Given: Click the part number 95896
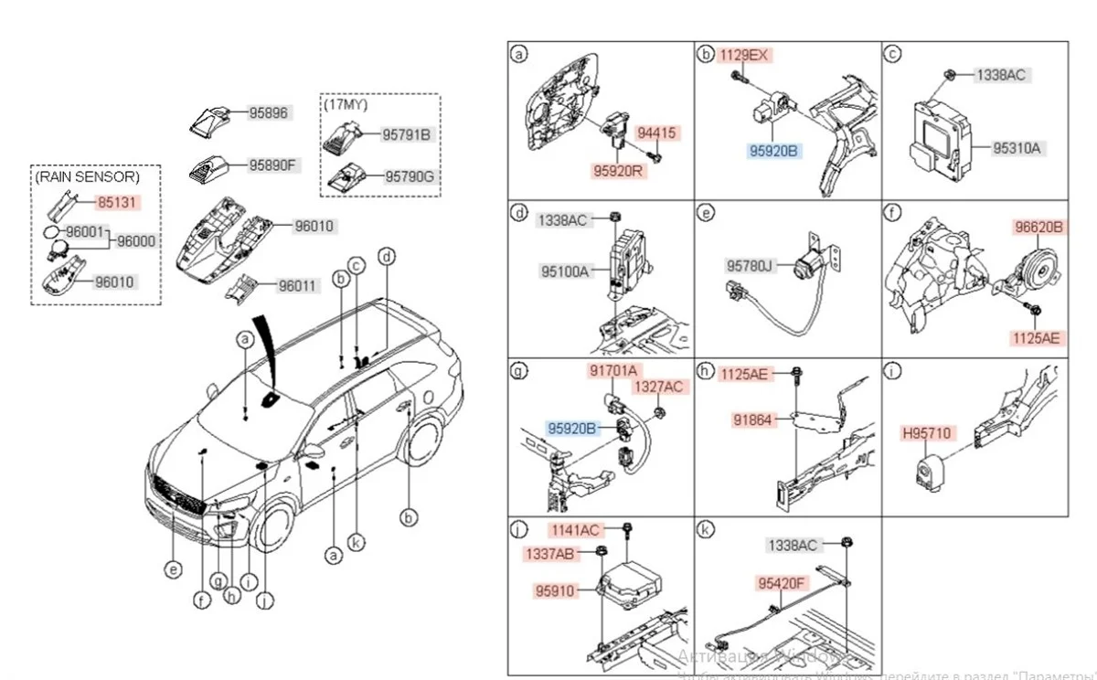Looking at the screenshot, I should click(270, 113).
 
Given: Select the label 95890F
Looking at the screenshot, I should click(273, 165).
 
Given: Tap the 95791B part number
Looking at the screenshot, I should click(406, 135).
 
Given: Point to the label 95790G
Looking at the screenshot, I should click(409, 175).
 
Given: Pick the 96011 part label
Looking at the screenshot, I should click(296, 285).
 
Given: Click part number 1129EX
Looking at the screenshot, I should click(744, 55).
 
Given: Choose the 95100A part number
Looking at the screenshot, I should click(564, 271).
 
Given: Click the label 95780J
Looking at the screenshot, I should click(750, 265).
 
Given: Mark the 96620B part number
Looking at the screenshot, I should click(1038, 228).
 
